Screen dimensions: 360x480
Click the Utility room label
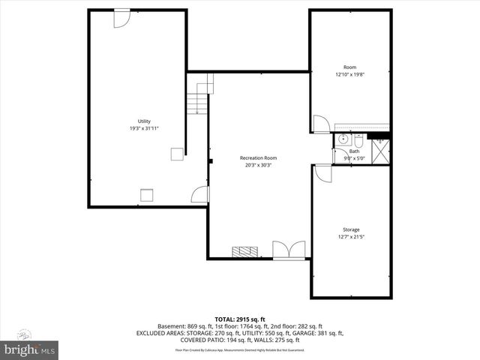click(144, 121)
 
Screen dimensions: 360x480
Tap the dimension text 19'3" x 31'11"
click(144, 128)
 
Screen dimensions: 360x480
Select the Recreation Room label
click(258, 157)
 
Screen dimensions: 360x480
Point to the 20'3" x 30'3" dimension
click(258, 165)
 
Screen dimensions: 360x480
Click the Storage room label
click(351, 229)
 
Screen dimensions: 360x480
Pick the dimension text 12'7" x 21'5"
click(351, 237)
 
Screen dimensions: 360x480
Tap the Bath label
click(354, 151)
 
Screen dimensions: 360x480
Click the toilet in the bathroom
click(358, 140)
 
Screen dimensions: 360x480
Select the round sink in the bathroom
click(343, 139)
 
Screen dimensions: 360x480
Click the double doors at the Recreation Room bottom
click(289, 250)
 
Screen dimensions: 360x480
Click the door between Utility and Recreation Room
click(199, 196)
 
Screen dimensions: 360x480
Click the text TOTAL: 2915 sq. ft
click(239, 319)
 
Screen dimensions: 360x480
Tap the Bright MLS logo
click(30, 350)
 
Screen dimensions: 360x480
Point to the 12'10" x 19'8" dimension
click(350, 75)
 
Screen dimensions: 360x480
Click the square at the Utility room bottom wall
click(147, 196)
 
